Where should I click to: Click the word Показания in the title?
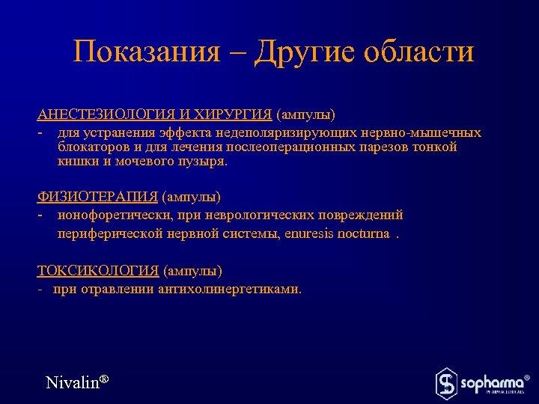point(147,52)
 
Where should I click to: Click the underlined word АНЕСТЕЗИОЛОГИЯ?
point(107,115)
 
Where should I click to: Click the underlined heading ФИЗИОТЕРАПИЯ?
point(97,198)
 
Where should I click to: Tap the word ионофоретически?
point(109,215)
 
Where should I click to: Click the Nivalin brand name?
point(73,382)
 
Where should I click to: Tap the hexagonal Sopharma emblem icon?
point(446,382)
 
